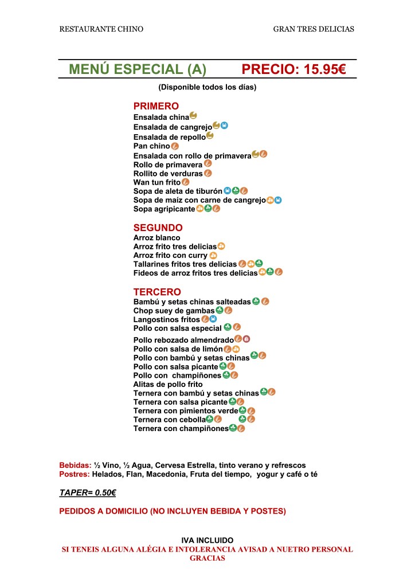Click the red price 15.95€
pos(293,70)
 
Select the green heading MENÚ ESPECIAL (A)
pos(137,70)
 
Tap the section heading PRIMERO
pos(156,106)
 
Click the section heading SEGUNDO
pos(158,228)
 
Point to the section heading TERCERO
pos(157,292)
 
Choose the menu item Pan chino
pos(152,146)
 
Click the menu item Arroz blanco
pos(156,237)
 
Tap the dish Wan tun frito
pos(157,182)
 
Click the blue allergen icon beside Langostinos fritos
pos(213,319)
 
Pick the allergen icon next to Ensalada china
pos(193,116)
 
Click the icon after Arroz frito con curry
pos(213,255)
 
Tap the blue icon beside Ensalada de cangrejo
pos(225,125)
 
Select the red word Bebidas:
pos(75,465)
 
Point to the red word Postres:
pos(75,474)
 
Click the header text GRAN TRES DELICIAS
pos(314,29)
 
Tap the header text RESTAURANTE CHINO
pos(101,29)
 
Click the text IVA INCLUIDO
pos(207,540)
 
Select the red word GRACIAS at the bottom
pos(207,558)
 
